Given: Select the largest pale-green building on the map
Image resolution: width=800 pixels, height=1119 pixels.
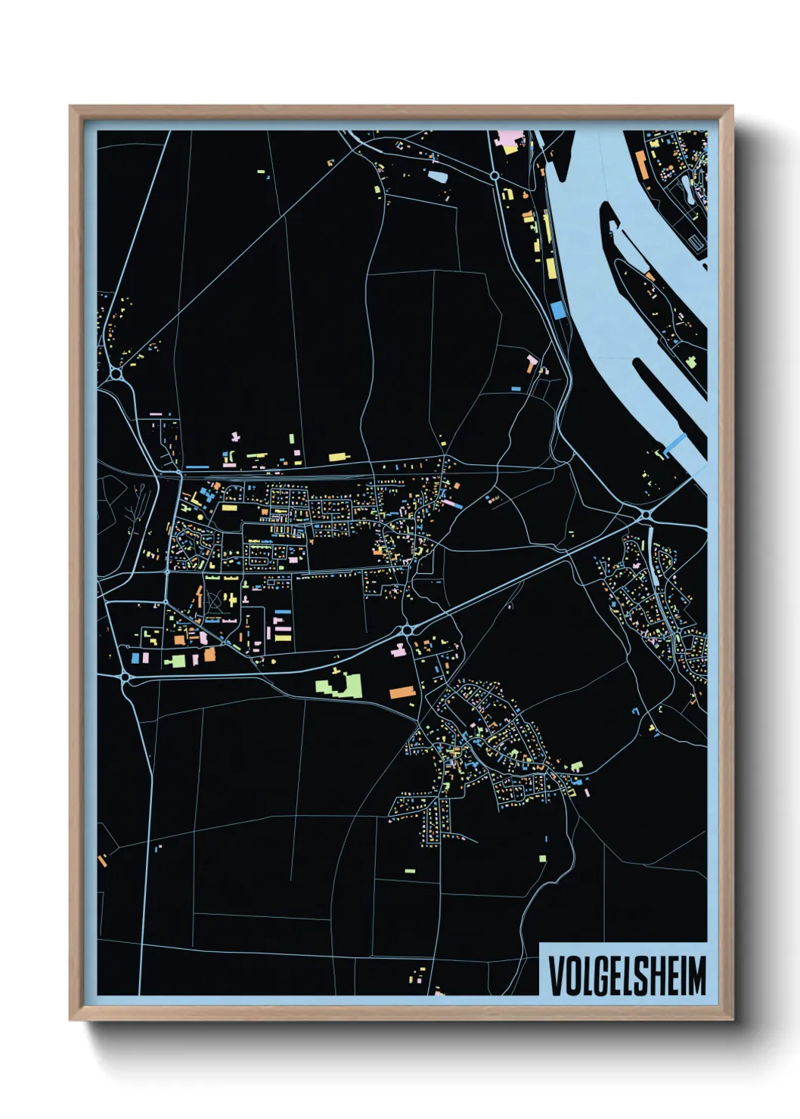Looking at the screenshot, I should (x=338, y=686).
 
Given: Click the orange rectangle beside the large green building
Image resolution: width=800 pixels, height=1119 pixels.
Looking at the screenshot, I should (x=402, y=691).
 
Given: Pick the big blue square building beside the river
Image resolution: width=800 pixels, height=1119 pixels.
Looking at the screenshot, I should (x=558, y=310).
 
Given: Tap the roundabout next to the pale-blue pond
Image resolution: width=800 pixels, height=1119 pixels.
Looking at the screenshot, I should (x=494, y=175).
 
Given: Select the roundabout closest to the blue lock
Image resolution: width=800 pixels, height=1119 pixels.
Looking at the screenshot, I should (x=646, y=515).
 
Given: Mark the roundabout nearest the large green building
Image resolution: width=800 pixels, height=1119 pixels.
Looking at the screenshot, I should (x=407, y=629).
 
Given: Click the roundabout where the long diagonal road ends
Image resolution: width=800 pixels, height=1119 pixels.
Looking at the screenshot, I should (x=116, y=374).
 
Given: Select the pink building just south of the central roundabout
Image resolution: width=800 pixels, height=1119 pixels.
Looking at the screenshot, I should (x=397, y=649).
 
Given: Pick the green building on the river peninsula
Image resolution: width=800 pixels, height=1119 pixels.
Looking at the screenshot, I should (x=690, y=361).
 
